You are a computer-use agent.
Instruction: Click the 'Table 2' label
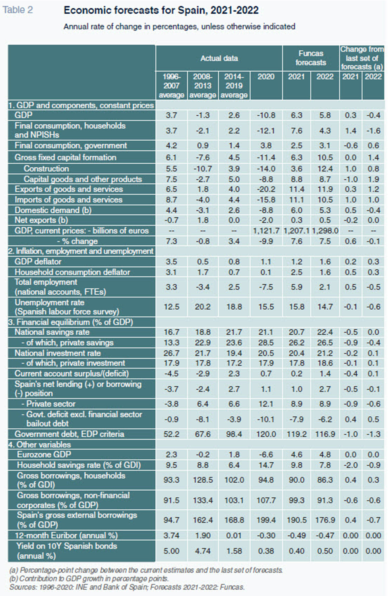(18, 10)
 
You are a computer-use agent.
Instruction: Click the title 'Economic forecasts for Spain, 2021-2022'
(161, 10)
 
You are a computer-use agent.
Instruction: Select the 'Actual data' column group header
(219, 58)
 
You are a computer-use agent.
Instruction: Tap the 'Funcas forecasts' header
(311, 58)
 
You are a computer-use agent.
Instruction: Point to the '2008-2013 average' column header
(203, 85)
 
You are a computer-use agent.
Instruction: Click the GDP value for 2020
(266, 115)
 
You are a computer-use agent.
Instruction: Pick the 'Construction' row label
(46, 169)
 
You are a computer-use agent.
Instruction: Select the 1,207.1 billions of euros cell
(296, 231)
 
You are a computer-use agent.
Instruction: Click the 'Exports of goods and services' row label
(69, 189)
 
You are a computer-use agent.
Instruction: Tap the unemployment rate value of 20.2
(203, 307)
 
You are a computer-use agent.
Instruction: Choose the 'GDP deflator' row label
(38, 262)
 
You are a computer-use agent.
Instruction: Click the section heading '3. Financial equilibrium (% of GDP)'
(71, 322)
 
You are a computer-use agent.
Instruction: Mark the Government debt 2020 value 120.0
(266, 434)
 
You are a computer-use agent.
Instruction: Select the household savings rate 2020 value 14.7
(266, 465)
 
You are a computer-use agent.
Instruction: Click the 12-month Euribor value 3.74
(171, 536)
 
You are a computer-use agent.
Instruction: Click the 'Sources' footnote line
(127, 587)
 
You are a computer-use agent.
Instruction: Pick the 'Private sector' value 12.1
(266, 404)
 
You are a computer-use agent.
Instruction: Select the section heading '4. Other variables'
(40, 445)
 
